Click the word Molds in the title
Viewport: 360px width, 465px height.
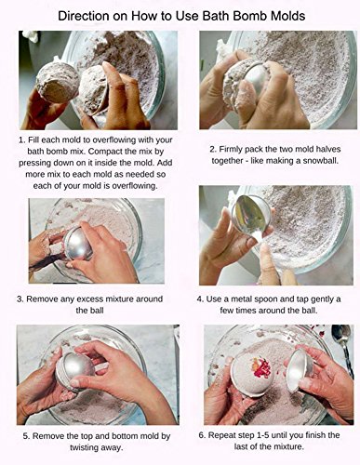288,16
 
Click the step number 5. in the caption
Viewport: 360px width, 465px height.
26,436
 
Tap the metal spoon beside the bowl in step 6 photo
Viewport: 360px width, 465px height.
343,348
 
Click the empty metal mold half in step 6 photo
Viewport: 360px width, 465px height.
299,372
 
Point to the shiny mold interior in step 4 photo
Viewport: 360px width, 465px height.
248,214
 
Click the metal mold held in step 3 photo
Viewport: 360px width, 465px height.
78,243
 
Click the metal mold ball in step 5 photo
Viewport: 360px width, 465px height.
75,369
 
